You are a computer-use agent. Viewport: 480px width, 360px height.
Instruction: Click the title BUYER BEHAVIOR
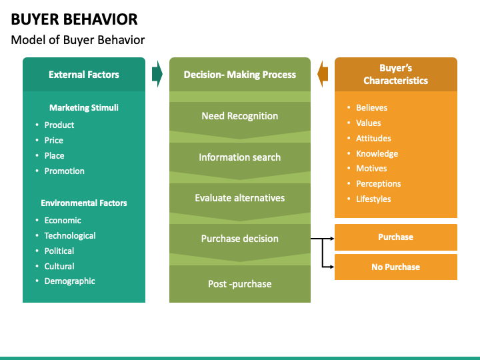[74, 19]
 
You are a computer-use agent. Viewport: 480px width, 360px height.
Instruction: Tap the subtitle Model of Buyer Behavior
[78, 40]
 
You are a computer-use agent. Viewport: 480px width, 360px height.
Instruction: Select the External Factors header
[84, 75]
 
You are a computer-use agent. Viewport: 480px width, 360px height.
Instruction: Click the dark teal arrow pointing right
[157, 74]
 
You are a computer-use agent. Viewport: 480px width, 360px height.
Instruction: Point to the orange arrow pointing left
[323, 74]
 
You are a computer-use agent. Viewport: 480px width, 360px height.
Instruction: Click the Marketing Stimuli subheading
[84, 108]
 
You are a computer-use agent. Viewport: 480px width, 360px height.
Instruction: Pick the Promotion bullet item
[64, 171]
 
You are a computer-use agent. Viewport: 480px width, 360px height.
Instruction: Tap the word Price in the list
[54, 140]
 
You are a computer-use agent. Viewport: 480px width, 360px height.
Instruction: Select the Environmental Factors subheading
[84, 203]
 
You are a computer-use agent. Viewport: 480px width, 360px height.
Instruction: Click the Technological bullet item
[70, 236]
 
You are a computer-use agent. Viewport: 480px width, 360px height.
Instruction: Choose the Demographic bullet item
[69, 281]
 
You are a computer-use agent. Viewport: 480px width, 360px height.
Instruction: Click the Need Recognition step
[240, 116]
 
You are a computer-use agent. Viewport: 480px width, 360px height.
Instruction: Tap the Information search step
[240, 157]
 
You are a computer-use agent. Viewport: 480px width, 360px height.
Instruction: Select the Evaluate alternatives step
[240, 198]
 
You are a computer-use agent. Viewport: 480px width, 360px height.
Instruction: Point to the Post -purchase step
[240, 284]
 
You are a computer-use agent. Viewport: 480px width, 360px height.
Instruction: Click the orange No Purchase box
[396, 267]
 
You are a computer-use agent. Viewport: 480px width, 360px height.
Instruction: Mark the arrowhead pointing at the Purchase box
[333, 239]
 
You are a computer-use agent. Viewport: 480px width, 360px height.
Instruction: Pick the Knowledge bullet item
[377, 154]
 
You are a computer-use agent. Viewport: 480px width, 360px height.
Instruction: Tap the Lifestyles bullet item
[373, 199]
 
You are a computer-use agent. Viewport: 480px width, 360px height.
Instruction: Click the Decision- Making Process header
[240, 75]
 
